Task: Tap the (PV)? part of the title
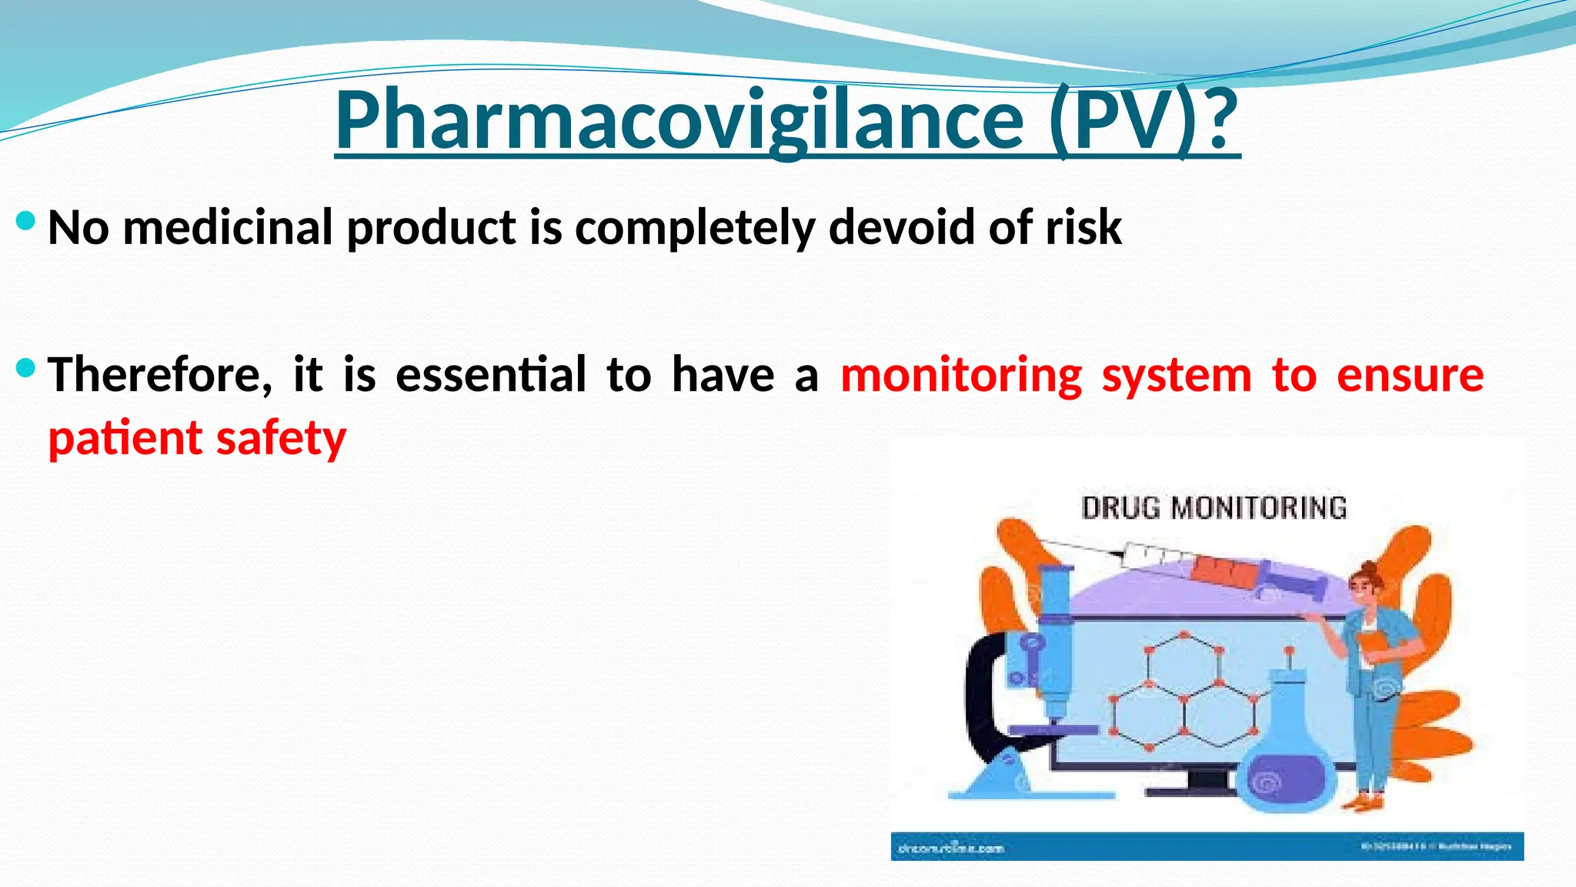1144,121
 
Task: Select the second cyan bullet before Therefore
25,369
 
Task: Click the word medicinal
228,228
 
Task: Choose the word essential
491,375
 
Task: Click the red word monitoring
961,375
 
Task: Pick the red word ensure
1410,375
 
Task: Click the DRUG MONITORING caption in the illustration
1214,508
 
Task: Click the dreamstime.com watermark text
951,849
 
